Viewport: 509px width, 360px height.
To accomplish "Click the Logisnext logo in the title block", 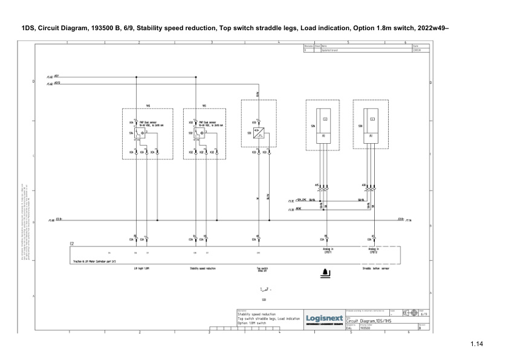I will pos(325,318).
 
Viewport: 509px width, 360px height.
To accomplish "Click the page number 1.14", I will pos(477,345).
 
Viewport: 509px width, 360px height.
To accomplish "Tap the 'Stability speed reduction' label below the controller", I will pos(203,268).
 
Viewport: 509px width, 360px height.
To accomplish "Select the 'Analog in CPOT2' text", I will pos(373,250).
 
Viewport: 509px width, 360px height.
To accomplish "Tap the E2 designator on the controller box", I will pos(72,243).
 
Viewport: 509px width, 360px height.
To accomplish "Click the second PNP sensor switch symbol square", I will pos(198,133).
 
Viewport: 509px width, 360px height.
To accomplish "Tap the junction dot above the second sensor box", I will pos(196,77).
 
